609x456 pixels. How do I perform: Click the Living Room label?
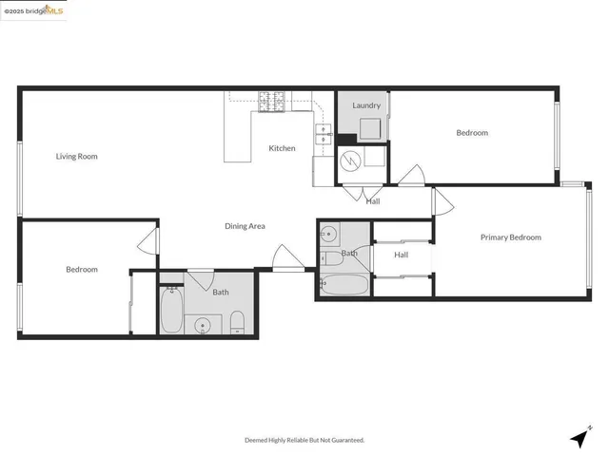coord(76,156)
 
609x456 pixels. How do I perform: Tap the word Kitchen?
coord(282,148)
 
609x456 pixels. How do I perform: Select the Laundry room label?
coord(366,105)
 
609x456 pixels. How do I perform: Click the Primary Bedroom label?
coord(510,237)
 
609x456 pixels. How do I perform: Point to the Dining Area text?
coord(245,226)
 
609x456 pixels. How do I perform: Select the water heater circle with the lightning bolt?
coord(352,162)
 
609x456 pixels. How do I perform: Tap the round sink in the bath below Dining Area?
coord(203,327)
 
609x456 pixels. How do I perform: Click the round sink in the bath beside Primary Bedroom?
coord(328,234)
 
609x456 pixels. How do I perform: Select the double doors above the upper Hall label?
coord(358,191)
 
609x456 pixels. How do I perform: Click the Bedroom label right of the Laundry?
coord(471,133)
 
